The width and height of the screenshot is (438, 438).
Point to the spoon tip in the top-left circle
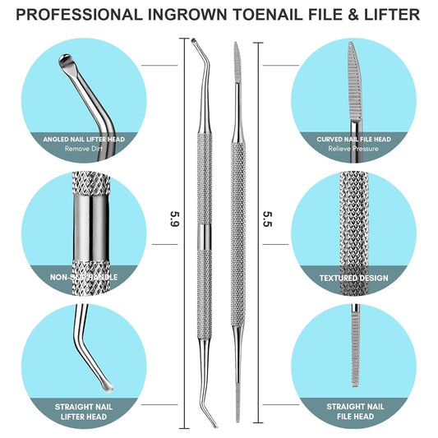63,62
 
